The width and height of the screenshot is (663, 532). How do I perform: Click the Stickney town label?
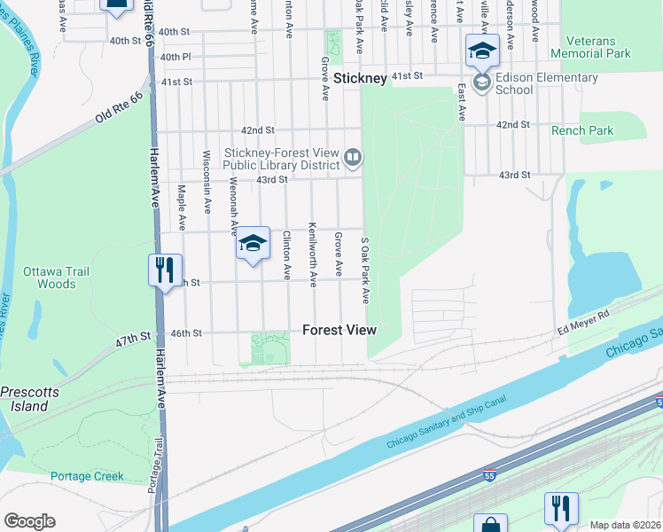click(360, 79)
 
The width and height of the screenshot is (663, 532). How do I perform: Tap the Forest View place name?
click(339, 330)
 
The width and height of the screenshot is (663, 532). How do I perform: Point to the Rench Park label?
click(582, 131)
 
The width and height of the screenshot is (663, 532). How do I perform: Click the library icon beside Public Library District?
click(353, 158)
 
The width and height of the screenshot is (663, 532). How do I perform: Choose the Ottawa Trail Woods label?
click(50, 278)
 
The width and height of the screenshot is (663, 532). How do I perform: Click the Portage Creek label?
click(87, 476)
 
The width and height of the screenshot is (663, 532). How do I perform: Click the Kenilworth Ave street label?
click(313, 254)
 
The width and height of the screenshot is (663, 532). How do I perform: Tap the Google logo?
click(29, 521)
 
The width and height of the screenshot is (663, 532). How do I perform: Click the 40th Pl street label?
click(175, 57)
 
